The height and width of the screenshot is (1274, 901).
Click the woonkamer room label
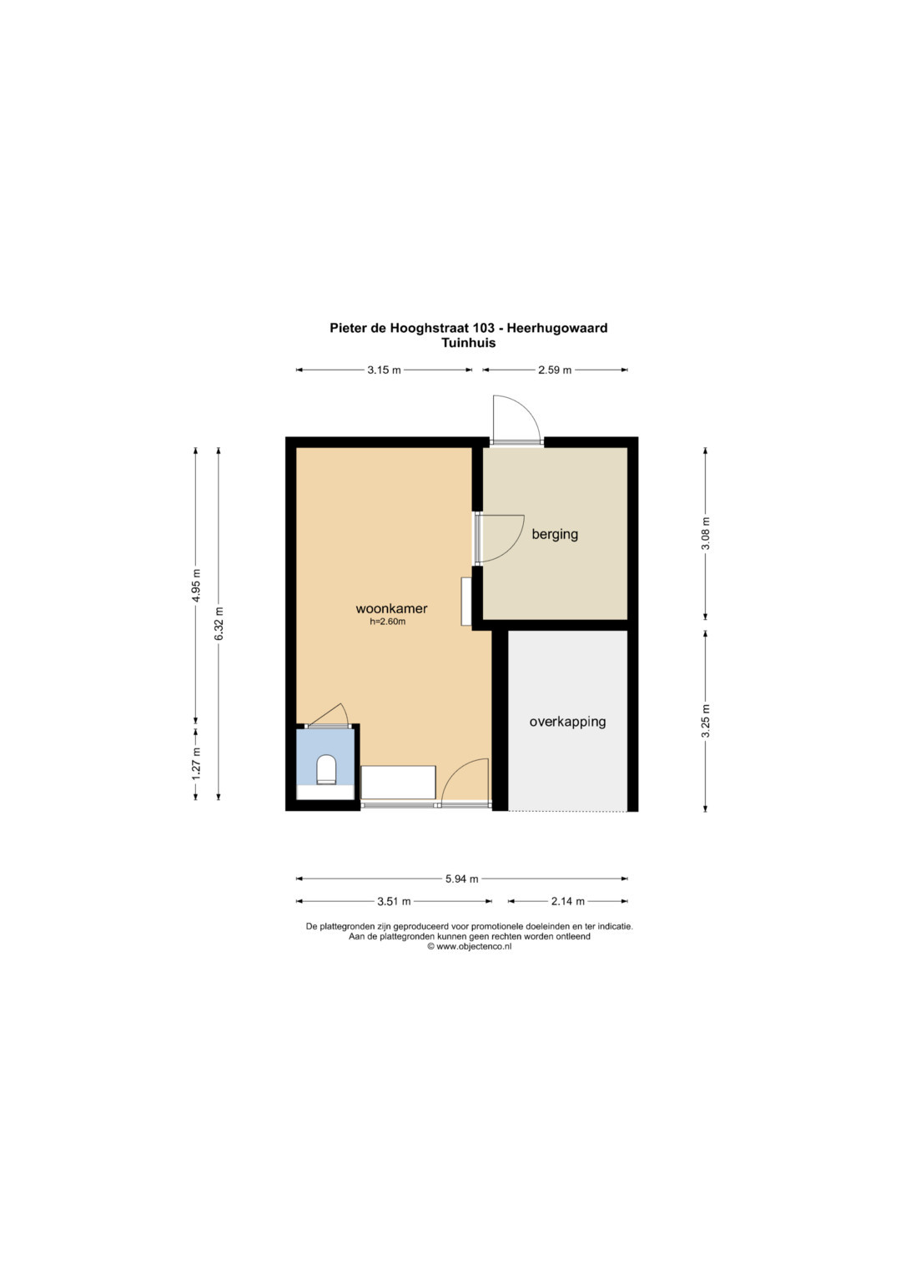391,608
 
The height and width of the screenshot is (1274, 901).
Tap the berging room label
555,534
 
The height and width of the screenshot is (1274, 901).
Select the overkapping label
567,722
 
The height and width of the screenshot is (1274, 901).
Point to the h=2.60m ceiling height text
387,622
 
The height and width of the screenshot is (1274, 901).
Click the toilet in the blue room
326,769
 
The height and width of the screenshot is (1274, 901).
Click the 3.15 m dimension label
384,370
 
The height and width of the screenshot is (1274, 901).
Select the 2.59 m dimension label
555,370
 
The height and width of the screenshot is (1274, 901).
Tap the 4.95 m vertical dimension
196,585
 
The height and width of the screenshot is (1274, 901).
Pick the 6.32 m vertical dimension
219,623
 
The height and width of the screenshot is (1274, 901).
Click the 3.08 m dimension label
705,533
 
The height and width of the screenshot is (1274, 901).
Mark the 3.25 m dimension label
705,721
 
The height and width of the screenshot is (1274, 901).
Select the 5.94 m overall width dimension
461,879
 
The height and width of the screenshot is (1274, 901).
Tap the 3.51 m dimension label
394,901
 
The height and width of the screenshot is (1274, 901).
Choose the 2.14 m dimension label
567,901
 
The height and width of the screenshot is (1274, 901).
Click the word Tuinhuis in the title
468,343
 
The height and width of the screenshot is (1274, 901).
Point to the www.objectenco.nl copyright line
469,946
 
